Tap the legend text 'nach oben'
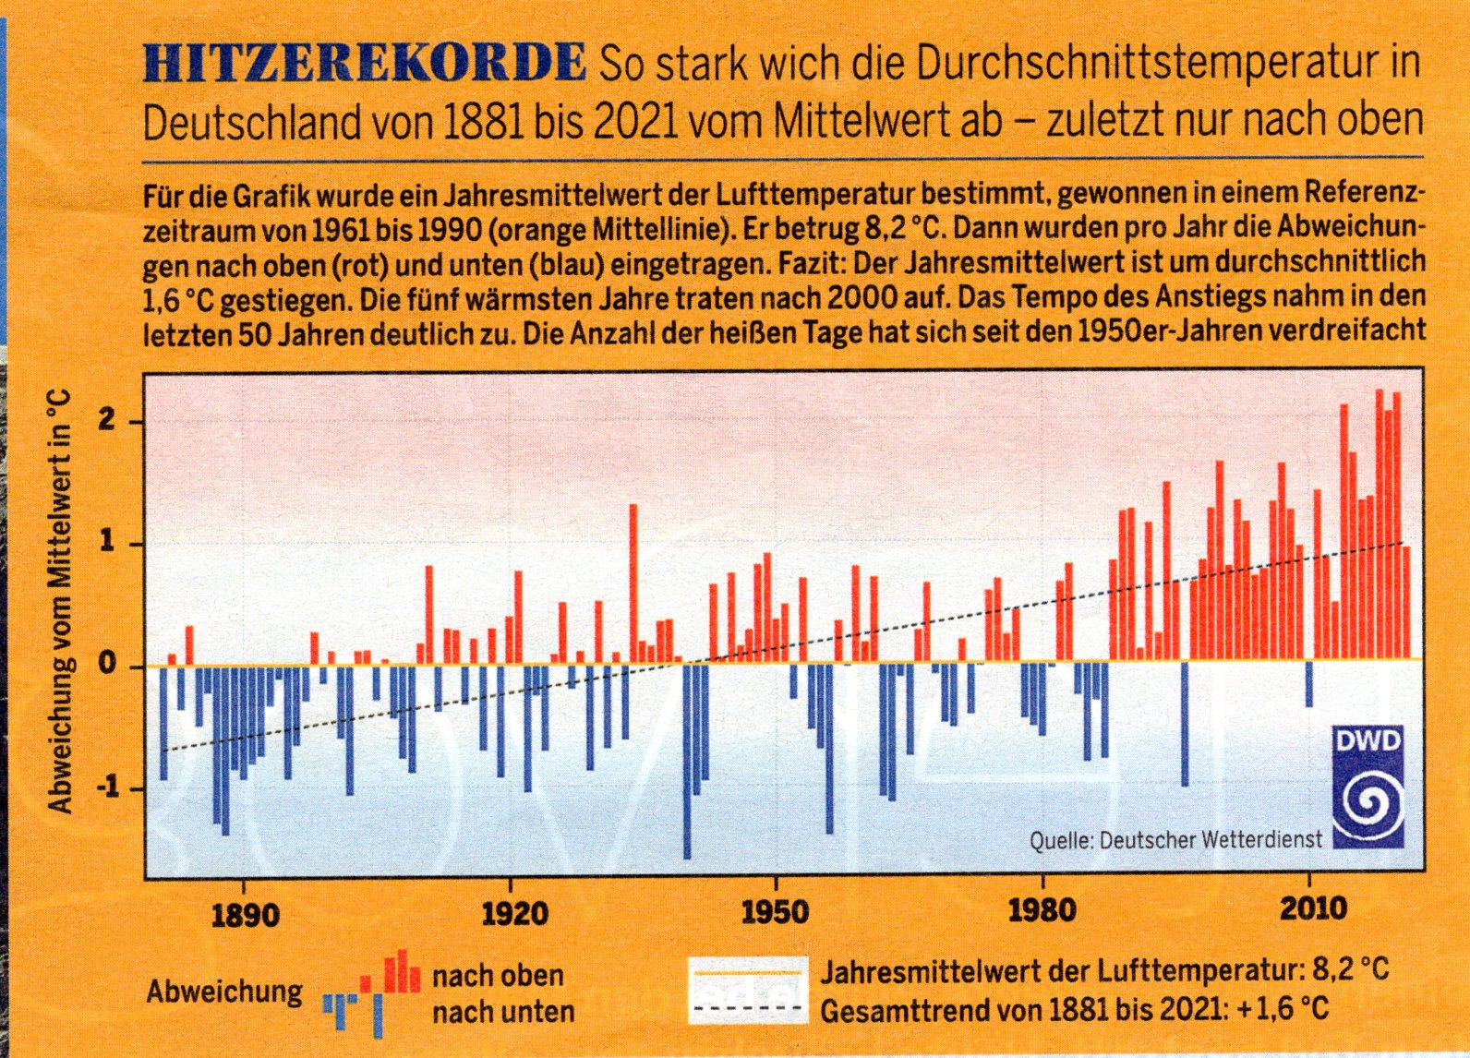click(x=498, y=976)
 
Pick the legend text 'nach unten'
click(x=502, y=1012)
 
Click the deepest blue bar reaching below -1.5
click(x=687, y=762)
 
